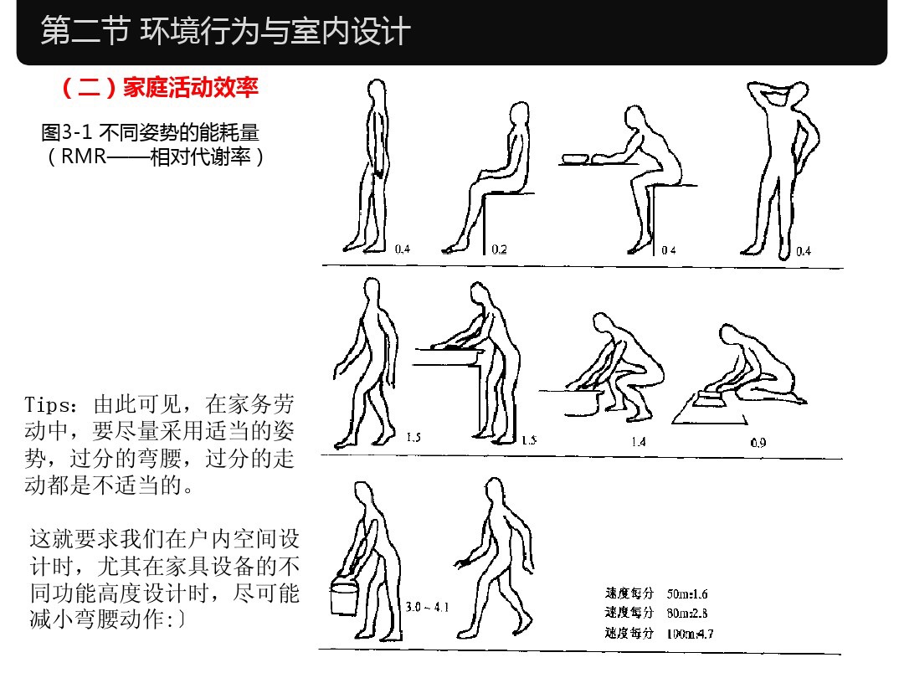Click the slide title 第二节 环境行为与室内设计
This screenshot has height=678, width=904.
[226, 32]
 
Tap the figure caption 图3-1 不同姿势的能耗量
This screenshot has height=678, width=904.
[150, 132]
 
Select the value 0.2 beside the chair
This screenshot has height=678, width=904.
[499, 249]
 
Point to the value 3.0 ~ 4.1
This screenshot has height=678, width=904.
[427, 607]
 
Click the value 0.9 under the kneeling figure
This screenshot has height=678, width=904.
[758, 443]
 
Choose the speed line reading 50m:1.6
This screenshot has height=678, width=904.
[657, 594]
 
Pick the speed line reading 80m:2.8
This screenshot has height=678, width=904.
[657, 614]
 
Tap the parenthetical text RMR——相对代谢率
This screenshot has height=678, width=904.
[156, 156]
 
